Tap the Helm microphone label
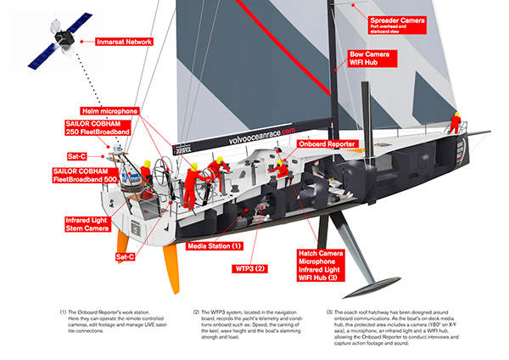click(109, 110)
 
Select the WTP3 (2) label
click(248, 268)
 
